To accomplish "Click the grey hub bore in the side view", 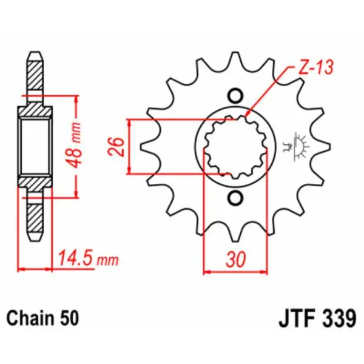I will [35, 146].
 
